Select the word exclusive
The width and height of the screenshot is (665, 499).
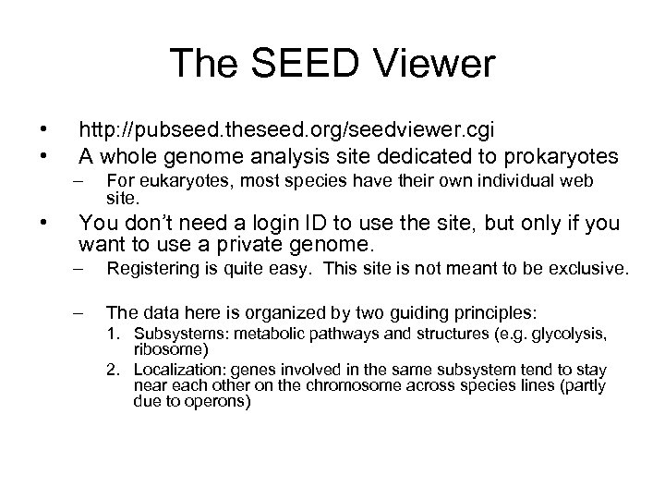pos(591,270)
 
